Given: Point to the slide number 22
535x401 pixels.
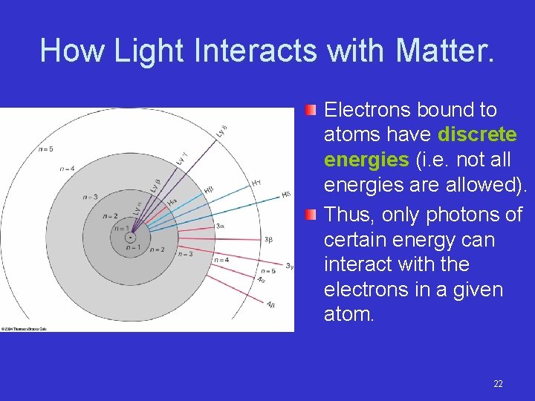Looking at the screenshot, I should tap(498, 384).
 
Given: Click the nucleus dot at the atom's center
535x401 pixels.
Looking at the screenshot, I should tap(129, 238).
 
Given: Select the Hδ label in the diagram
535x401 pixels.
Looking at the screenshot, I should tap(286, 195).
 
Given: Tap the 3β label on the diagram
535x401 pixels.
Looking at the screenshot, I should tap(268, 239).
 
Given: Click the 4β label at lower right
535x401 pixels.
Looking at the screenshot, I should tap(270, 304).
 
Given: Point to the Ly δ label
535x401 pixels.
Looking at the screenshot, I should tap(222, 131).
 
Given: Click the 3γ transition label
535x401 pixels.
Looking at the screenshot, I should tap(289, 266).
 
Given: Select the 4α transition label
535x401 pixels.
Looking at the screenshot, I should tap(262, 279).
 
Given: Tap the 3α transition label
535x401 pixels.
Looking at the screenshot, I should tap(220, 225).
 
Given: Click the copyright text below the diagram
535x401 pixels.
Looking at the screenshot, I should tap(24, 327).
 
